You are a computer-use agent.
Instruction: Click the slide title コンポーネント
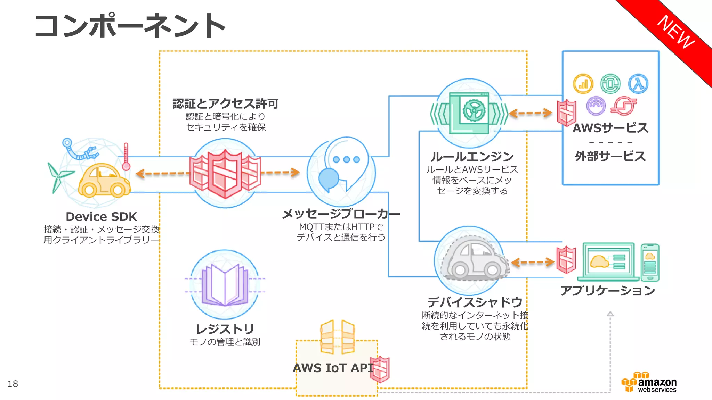[130, 26]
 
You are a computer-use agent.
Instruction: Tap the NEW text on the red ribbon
[676, 32]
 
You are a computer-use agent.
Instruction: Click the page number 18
[13, 384]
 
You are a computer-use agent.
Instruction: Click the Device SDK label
[101, 217]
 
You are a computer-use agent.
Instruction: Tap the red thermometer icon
[126, 157]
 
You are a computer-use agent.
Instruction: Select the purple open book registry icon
[225, 285]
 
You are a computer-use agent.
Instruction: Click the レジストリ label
[225, 329]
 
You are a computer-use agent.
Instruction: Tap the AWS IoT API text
[333, 368]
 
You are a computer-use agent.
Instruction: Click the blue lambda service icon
[638, 84]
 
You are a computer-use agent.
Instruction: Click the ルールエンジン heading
[472, 157]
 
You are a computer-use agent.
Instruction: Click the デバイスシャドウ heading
[475, 302]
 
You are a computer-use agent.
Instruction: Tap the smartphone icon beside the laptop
[650, 263]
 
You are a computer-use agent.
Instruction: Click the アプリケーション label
[608, 290]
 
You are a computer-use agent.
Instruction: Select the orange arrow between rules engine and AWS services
[531, 113]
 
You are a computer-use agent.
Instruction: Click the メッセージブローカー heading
[341, 214]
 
